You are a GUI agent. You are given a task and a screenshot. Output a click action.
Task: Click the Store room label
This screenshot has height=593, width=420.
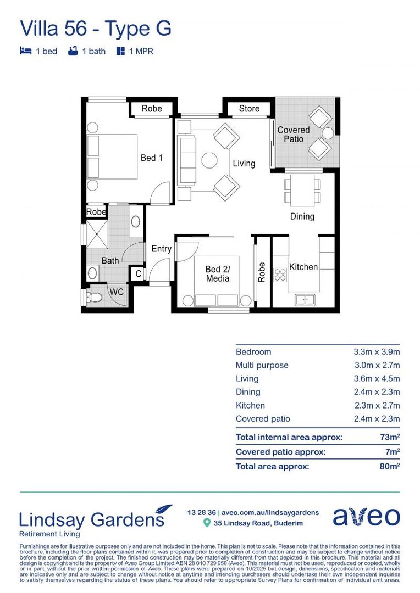coord(249,109)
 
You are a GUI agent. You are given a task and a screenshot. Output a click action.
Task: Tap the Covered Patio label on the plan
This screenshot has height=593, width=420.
coord(294,135)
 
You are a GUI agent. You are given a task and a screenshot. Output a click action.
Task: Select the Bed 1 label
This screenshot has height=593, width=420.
coord(152,158)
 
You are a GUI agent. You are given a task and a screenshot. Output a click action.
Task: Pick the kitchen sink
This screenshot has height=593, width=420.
coord(305,299)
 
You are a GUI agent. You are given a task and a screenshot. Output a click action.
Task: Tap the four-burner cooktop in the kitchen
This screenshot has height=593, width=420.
coord(280,275)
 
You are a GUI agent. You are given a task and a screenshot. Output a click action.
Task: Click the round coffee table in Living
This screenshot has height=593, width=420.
coord(209,160)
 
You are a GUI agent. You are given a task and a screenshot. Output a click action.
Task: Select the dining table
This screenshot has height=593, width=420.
coord(302,189)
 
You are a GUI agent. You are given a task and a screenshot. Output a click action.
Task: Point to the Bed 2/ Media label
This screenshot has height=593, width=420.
coord(217,274)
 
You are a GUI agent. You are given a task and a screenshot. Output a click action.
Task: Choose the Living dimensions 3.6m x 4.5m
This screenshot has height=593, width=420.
coord(377,379)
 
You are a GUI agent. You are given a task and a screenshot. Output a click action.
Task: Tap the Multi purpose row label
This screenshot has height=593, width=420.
coord(262,365)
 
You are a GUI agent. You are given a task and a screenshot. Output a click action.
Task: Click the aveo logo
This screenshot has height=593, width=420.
coord(366,517)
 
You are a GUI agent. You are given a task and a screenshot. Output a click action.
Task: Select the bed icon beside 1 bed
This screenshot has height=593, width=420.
coord(25,51)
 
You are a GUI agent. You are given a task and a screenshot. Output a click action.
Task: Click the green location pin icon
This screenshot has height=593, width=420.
coord(207,523)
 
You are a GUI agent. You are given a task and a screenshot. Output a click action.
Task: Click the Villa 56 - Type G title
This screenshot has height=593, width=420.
coord(96,28)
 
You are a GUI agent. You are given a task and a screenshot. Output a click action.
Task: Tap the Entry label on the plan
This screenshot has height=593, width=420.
coord(162,249)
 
